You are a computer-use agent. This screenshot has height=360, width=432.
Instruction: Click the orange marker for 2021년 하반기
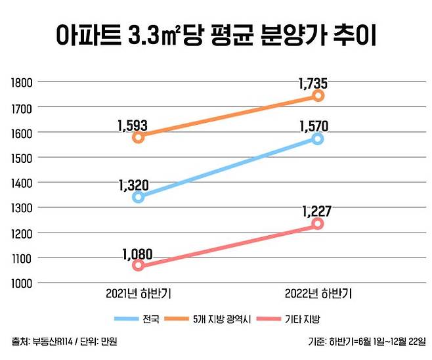(x=138, y=137)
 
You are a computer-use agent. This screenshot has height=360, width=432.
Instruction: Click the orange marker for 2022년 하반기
(x=318, y=96)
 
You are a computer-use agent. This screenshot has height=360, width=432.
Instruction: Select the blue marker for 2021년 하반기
(x=138, y=197)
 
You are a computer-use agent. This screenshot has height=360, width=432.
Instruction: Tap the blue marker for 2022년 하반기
(x=318, y=139)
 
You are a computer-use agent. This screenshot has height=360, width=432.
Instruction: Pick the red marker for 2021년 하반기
(x=138, y=265)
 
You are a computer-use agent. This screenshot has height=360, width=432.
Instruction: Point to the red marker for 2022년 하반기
(x=318, y=224)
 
